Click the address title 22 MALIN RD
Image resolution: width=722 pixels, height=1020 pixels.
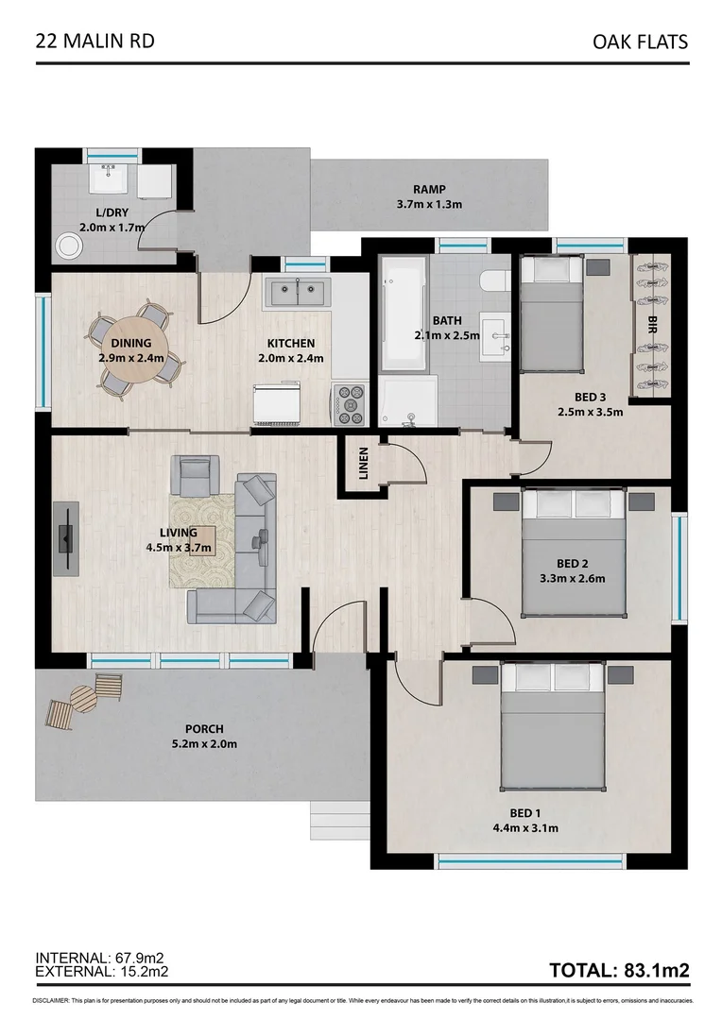95,41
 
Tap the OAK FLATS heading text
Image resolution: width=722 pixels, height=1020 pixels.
640,42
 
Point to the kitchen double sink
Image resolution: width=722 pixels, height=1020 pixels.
296,292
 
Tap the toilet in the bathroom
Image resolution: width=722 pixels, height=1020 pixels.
495,280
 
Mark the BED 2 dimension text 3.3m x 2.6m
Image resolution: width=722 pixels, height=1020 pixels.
571,579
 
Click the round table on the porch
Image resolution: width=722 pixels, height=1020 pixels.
83,699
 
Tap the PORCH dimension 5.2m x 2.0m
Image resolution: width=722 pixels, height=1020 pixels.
203,743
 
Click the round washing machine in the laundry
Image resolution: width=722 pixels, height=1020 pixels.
69,246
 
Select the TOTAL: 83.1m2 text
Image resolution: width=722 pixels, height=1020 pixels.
619,970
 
